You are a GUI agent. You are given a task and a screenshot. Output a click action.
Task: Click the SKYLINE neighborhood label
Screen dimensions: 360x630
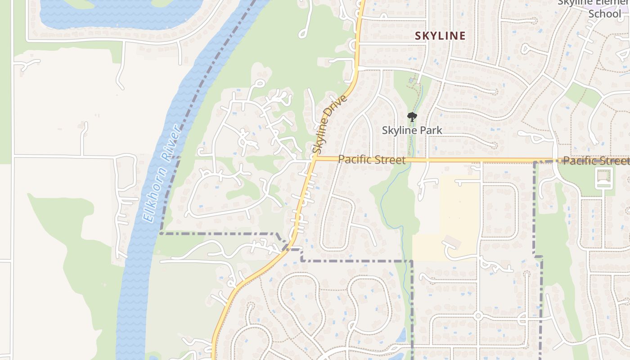tap(440, 36)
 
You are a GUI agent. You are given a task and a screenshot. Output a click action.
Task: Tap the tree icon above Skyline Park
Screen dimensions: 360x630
tap(412, 117)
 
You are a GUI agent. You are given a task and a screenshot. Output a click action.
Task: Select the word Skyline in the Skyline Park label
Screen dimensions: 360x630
tap(398, 130)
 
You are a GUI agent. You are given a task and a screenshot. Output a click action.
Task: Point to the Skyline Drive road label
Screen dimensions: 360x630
tap(329, 124)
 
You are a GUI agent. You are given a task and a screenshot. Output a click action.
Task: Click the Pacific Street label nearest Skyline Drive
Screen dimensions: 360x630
tap(371, 159)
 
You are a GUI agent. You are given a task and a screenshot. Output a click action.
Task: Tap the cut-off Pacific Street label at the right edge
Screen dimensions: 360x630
tap(596, 161)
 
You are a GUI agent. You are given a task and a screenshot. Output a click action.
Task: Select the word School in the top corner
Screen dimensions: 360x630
tap(604, 13)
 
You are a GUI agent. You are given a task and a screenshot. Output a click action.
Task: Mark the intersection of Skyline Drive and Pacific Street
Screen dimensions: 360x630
tap(314, 159)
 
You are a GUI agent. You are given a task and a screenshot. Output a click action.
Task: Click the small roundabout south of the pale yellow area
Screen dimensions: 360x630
tap(478, 316)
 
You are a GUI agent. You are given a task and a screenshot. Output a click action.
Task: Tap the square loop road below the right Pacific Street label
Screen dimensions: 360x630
tap(603, 178)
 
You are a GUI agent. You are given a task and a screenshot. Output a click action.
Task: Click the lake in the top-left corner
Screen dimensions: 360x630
tap(117, 13)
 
